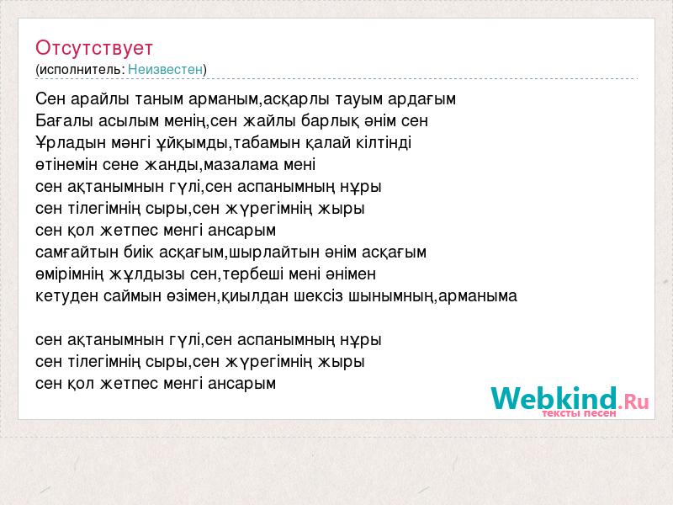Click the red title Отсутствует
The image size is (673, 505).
click(x=94, y=48)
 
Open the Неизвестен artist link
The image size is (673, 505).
click(x=165, y=69)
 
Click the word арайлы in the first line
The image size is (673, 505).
click(x=99, y=99)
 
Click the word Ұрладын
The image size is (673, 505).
click(x=71, y=143)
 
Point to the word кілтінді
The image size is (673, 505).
click(x=384, y=142)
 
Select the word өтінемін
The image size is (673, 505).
click(x=66, y=165)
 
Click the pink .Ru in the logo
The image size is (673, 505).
click(x=633, y=401)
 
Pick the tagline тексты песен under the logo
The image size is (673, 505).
click(x=579, y=413)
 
